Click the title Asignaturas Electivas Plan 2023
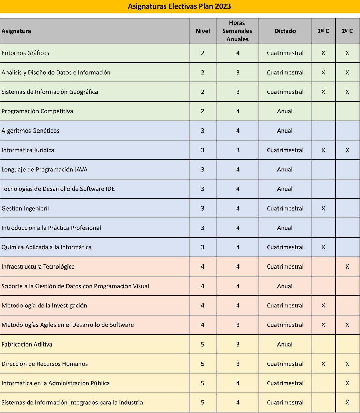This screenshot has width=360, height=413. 180,6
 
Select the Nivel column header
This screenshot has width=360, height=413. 203,31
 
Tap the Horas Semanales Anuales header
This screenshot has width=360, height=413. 237,31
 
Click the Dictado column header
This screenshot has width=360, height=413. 285,31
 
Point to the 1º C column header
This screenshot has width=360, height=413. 323,31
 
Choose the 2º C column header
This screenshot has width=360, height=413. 347,31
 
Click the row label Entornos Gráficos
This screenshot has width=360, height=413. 26,53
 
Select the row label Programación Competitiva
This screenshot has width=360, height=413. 37,111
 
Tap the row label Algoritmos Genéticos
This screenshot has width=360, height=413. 31,131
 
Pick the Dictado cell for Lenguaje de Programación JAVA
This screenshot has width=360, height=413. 285,170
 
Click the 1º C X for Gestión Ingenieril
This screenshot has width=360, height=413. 323,209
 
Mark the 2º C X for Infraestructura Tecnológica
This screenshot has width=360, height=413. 347,267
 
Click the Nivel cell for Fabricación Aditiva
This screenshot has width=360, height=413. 203,345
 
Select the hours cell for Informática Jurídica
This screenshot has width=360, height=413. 238,150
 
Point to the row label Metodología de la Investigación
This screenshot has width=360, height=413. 44,306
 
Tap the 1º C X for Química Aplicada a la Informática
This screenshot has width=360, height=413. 323,247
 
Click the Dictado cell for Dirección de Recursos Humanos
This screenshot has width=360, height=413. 285,364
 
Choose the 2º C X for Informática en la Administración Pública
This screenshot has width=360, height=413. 347,383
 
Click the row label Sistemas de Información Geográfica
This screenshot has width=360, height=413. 50,92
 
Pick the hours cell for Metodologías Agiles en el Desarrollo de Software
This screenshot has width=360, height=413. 238,325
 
